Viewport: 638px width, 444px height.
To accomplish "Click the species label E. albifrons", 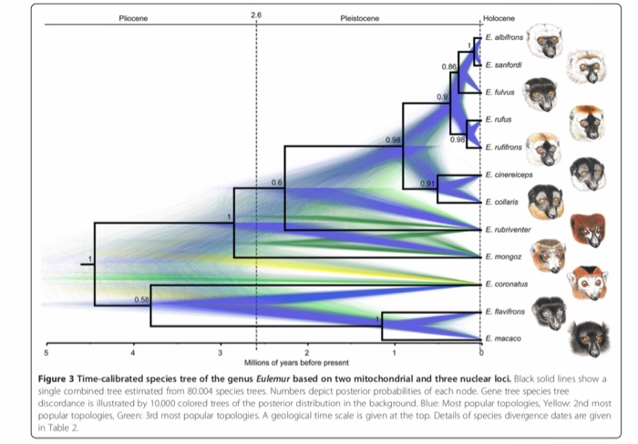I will (503, 38).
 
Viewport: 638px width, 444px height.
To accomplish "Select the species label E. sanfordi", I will (502, 66).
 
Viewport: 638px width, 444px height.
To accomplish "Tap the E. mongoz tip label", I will (501, 257).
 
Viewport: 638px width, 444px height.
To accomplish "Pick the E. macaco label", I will (500, 338).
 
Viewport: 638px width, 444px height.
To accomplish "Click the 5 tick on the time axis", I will (46, 352).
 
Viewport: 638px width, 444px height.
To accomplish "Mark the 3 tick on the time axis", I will (220, 352).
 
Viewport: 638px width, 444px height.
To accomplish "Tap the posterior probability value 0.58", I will (141, 298).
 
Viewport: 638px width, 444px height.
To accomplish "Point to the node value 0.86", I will (448, 66).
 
